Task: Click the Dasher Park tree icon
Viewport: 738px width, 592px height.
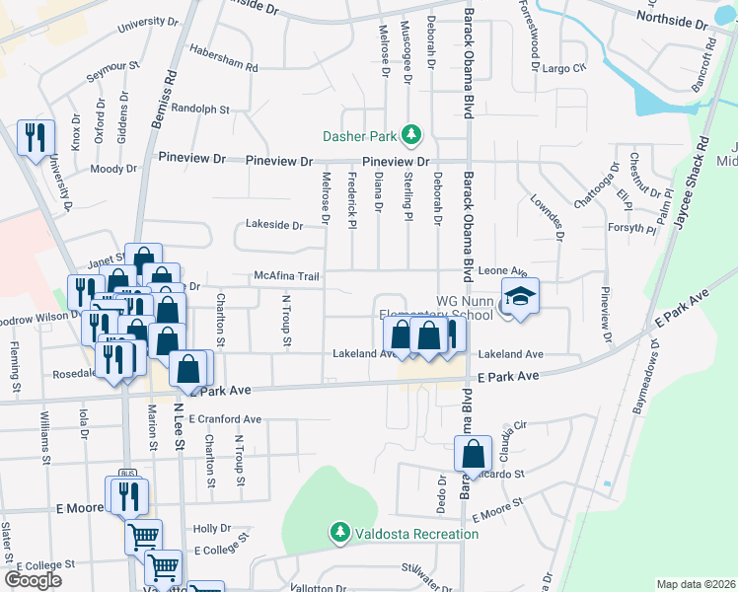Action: coord(414,135)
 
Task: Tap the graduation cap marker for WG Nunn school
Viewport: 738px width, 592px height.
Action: coord(519,297)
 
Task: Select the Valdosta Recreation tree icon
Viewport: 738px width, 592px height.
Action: coord(340,534)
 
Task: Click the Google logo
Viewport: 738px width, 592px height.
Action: coord(33,580)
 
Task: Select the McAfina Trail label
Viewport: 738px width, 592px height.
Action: coord(286,277)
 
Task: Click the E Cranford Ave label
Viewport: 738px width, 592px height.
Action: coord(225,419)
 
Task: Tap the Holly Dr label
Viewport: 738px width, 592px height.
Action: coord(211,529)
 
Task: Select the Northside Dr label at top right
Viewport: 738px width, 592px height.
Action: coord(672,20)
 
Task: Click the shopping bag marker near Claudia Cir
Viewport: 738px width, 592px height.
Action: coord(474,455)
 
